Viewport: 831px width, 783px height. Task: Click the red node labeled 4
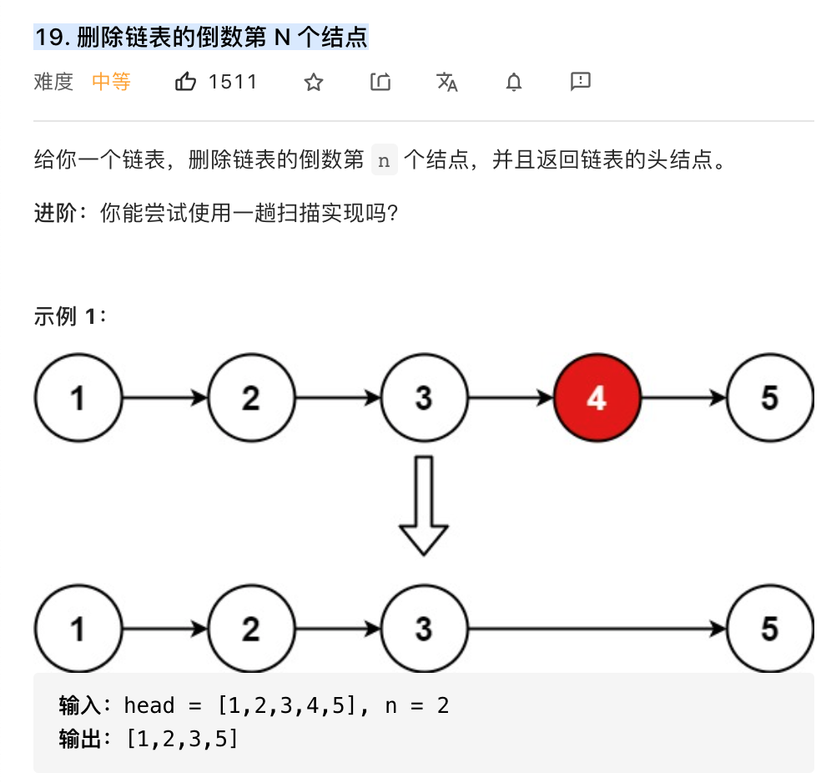[x=597, y=398]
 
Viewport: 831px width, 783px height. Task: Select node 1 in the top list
[x=78, y=398]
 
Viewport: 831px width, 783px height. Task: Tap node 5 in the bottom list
[x=770, y=629]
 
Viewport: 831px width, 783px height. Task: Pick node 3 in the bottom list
[x=424, y=629]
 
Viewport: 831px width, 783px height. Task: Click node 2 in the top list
[x=251, y=398]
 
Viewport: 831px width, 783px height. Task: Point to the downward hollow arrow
[x=424, y=504]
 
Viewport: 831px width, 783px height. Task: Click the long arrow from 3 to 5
[x=597, y=629]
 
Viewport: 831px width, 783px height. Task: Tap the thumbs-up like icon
[x=186, y=82]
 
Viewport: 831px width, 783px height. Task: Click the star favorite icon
[x=314, y=82]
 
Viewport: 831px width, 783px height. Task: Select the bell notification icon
[x=514, y=82]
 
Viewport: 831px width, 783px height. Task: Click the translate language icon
[x=447, y=82]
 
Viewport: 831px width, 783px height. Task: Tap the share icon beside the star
[x=380, y=82]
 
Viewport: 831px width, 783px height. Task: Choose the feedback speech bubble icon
[x=581, y=81]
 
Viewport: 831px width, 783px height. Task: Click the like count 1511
[x=233, y=82]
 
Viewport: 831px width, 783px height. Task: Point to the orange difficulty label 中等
[x=111, y=82]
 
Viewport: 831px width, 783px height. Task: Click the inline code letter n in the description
[x=384, y=161]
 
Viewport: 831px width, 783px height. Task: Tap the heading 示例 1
[x=70, y=317]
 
